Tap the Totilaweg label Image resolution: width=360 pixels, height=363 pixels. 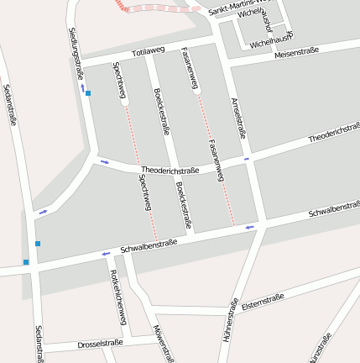(x=149, y=50)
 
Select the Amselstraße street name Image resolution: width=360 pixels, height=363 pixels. (x=238, y=116)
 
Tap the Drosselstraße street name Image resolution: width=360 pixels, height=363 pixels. (x=100, y=343)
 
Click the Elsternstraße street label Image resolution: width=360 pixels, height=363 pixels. (x=263, y=302)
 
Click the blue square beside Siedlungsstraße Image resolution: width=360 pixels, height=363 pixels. (x=88, y=93)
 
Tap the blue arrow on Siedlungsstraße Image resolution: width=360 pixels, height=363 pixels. (x=82, y=87)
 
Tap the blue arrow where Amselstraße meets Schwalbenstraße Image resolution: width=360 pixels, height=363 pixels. (x=249, y=227)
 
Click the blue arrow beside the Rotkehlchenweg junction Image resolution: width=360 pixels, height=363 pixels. (x=106, y=253)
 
